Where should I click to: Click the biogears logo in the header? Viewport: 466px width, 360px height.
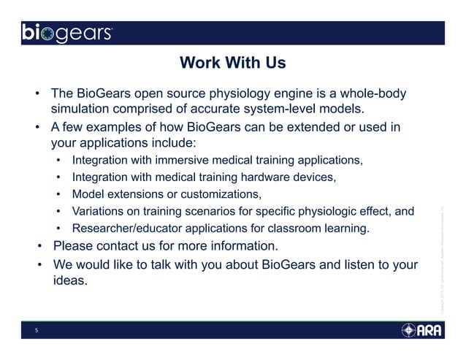66,34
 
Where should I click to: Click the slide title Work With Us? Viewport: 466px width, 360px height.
232,64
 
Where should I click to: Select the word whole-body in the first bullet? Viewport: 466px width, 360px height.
372,94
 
